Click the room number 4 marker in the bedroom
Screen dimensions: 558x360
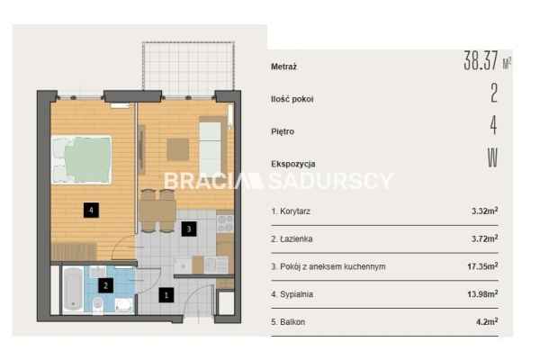(91, 210)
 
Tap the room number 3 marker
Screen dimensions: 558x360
(189, 229)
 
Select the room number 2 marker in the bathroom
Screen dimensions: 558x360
(105, 285)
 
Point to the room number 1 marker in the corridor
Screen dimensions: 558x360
(166, 295)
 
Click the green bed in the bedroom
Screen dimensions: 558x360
(82, 159)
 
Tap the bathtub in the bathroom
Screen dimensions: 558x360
(73, 289)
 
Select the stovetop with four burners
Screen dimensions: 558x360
(225, 224)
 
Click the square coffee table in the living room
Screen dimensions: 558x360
(177, 149)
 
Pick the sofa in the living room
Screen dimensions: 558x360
(212, 148)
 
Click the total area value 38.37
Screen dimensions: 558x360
(481, 60)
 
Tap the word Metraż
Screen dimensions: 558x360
(283, 67)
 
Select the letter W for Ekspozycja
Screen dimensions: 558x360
(492, 157)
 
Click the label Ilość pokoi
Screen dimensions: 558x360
(292, 99)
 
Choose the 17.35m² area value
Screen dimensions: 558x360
(482, 266)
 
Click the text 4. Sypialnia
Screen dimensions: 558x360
(292, 294)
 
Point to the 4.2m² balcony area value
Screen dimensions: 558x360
(487, 321)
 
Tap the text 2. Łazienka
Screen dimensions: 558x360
(292, 238)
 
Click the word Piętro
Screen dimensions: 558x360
(283, 131)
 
